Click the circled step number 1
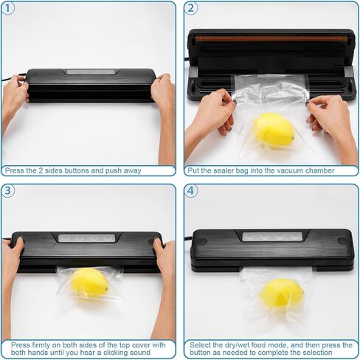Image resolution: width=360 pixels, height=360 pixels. click(8, 8)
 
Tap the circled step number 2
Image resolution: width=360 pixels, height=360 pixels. click(191, 8)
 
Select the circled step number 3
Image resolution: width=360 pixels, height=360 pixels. click(8, 191)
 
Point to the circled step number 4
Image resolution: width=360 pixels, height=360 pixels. click(191, 191)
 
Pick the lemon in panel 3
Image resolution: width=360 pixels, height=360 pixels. click(89, 283)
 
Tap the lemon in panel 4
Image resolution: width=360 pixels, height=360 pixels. click(281, 293)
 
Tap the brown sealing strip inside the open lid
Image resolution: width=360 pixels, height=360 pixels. click(274, 39)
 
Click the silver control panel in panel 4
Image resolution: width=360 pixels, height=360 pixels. click(272, 237)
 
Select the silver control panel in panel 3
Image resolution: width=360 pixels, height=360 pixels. click(86, 238)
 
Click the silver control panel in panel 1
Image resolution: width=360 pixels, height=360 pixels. click(91, 72)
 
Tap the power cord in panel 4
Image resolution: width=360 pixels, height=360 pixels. click(188, 238)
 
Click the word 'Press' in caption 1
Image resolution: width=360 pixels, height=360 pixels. click(14, 170)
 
